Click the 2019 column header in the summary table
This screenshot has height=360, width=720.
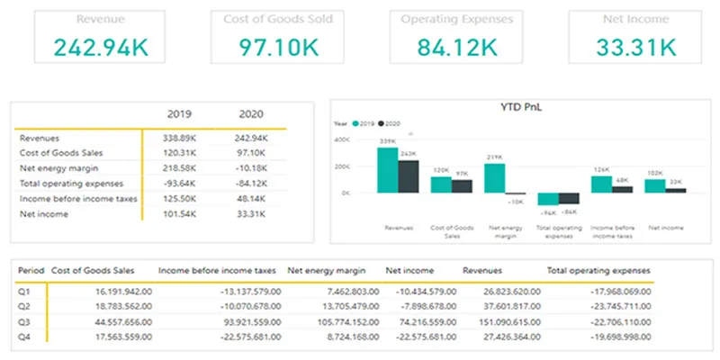182,114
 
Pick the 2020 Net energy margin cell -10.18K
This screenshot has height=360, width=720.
248,168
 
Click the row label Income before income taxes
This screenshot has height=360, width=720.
77,199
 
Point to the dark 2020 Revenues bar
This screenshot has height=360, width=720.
409,175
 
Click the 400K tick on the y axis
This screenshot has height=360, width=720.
342,140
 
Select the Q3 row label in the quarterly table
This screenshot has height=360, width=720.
25,322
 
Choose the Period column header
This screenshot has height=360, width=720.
31,269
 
